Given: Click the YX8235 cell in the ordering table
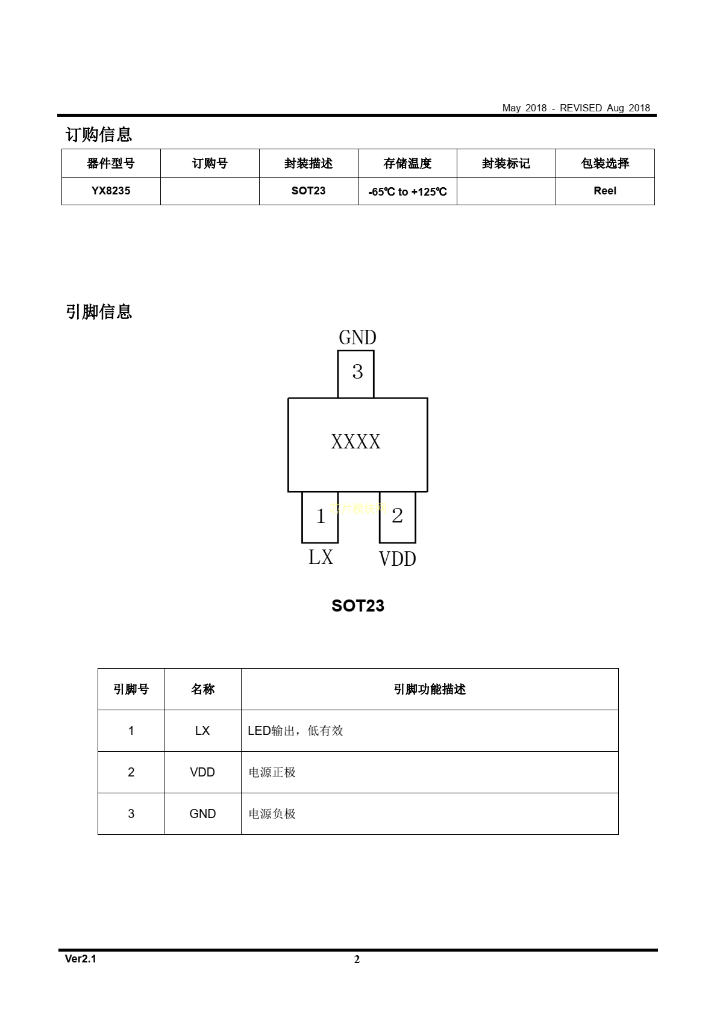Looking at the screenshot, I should pyautogui.click(x=111, y=191).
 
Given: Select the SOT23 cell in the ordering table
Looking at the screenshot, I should pyautogui.click(x=308, y=191).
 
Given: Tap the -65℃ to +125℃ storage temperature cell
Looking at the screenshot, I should pyautogui.click(x=407, y=192).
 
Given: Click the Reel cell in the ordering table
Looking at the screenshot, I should pyautogui.click(x=605, y=191).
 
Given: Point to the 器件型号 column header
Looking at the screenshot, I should pyautogui.click(x=111, y=163).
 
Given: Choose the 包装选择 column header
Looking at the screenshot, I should pyautogui.click(x=605, y=163).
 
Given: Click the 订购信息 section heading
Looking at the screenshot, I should pyautogui.click(x=99, y=134).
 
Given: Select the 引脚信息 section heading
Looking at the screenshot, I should pyautogui.click(x=99, y=312).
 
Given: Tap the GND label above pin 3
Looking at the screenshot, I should pyautogui.click(x=357, y=338).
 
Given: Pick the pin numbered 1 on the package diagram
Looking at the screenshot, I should pyautogui.click(x=320, y=516).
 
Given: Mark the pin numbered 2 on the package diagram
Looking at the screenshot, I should pyautogui.click(x=397, y=516).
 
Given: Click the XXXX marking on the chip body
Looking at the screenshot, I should pyautogui.click(x=356, y=442).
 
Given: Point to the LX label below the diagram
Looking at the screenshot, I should pyautogui.click(x=321, y=557).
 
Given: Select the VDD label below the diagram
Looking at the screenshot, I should pyautogui.click(x=397, y=559).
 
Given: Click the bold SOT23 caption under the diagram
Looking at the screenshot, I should pyautogui.click(x=358, y=606).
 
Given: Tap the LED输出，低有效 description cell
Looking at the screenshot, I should pyautogui.click(x=295, y=731).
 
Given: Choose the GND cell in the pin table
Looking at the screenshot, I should pyautogui.click(x=202, y=814).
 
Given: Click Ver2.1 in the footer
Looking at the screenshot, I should pyautogui.click(x=81, y=959).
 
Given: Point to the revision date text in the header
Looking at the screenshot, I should pyautogui.click(x=576, y=108).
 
